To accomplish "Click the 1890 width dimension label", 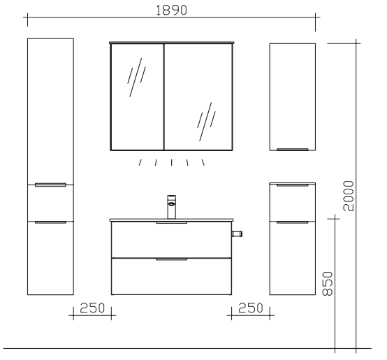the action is point(172,10).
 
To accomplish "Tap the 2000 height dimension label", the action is point(349,196).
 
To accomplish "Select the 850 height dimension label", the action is point(328,284).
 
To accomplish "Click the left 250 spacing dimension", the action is point(92,308).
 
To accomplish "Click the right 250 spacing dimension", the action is point(251,308).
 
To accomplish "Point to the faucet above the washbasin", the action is point(172,207).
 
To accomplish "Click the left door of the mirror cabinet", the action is point(138,96).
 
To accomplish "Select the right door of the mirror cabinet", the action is point(198,96).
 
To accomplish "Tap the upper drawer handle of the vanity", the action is point(171,223).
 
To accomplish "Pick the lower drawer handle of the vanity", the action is point(171,259).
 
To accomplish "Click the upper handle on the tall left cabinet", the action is point(50,185).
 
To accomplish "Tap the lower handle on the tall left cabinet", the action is point(50,222).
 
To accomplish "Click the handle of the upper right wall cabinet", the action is point(292,149).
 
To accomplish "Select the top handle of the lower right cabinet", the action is point(292,185).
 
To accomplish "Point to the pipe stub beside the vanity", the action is point(237,233).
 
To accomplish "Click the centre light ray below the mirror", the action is point(172,162).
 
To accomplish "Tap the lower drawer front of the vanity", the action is point(171,276).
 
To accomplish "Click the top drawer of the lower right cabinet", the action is point(292,202).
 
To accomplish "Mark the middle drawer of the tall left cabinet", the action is point(50,203).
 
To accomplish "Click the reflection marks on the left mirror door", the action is point(136,78).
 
